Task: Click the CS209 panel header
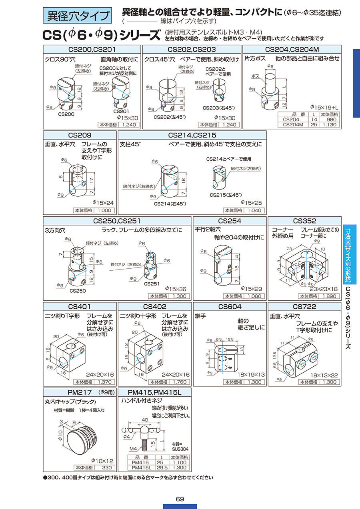click(80, 135)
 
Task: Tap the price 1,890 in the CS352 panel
click(329, 296)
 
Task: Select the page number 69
click(180, 499)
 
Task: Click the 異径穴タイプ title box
click(77, 16)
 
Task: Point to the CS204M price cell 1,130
click(329, 124)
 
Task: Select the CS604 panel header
click(230, 307)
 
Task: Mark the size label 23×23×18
click(324, 289)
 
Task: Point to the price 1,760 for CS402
click(179, 382)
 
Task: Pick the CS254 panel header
click(230, 221)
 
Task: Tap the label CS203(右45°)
click(219, 108)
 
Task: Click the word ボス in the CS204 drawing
click(256, 76)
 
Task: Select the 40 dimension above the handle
click(145, 420)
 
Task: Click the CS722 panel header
click(304, 307)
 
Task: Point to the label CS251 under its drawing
click(152, 283)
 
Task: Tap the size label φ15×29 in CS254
click(251, 289)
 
